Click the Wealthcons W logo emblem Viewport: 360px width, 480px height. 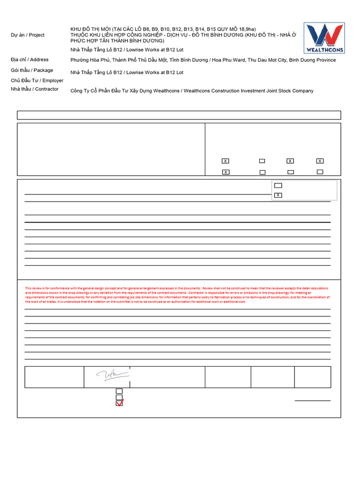[324, 35]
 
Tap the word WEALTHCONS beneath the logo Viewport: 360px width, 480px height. [324, 50]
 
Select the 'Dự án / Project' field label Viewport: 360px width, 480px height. [27, 35]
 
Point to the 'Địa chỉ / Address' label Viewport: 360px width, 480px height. [30, 60]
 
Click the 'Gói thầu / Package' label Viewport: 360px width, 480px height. [32, 70]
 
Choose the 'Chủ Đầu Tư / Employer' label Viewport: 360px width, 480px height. [37, 80]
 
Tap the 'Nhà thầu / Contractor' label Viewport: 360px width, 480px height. [35, 89]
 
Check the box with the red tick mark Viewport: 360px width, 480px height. [119, 403]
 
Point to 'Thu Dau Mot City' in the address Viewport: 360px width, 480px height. [267, 60]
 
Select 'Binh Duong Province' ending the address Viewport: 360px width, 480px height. [312, 60]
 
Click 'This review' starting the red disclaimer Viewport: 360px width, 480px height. [34, 288]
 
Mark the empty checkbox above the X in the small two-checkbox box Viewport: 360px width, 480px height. [278, 186]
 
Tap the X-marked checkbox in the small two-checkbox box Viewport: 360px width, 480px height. [278, 195]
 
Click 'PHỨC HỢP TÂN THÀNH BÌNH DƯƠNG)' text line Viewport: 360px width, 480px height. [117, 41]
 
